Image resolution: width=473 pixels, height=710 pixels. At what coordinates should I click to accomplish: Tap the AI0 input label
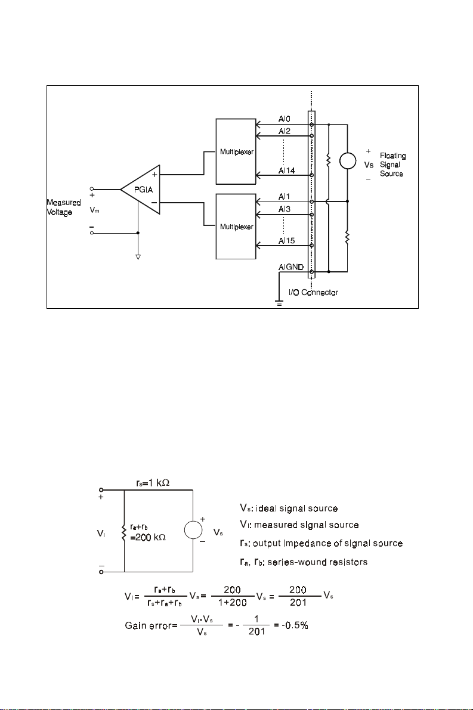(x=285, y=119)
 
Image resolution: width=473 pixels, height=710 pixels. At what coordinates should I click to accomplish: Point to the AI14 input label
(x=287, y=170)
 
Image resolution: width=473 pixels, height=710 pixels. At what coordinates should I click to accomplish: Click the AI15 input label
(x=287, y=241)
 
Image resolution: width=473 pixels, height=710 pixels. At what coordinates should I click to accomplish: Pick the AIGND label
(x=291, y=267)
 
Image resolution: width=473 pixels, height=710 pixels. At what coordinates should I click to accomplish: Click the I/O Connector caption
(x=314, y=293)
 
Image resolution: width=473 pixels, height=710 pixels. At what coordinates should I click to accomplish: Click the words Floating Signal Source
(x=393, y=165)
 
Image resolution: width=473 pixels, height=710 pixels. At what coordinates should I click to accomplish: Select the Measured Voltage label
(x=64, y=207)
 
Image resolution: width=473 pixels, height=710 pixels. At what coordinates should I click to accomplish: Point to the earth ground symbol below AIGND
(x=280, y=302)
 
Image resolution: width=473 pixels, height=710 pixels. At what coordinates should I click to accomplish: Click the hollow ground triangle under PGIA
(x=138, y=257)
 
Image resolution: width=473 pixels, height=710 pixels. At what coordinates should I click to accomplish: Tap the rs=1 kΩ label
(x=153, y=483)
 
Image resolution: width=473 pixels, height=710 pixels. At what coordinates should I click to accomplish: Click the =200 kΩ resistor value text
(x=148, y=538)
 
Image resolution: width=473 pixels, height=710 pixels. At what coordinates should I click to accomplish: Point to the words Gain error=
(x=152, y=626)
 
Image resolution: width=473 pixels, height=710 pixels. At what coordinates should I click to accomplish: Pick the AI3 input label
(x=285, y=209)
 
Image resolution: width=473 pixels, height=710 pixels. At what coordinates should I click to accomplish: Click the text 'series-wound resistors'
(x=317, y=562)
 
